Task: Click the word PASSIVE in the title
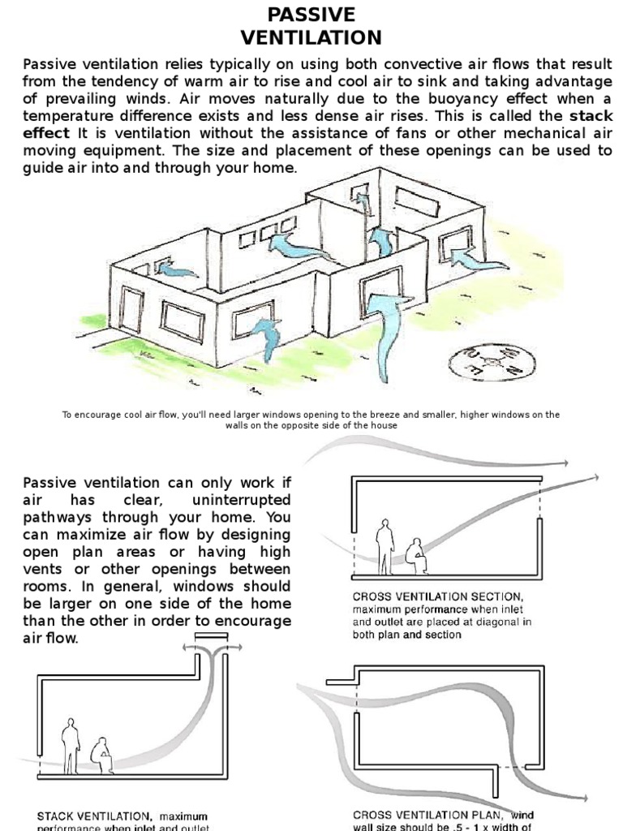[311, 15]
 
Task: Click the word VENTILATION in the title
[311, 37]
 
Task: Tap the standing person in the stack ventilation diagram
[71, 746]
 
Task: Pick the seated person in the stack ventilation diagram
[102, 755]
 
